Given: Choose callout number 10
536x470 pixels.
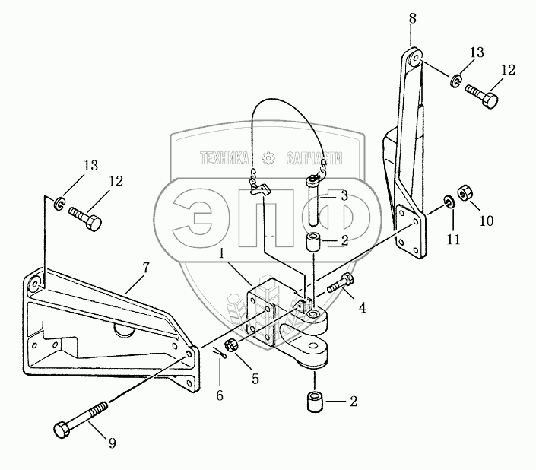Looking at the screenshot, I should coord(486,221).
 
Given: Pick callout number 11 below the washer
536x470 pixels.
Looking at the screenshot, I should coord(455,240).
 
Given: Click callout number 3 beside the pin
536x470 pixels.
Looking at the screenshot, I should coord(344,195).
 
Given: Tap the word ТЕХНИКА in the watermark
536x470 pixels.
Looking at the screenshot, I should coord(225,158).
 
